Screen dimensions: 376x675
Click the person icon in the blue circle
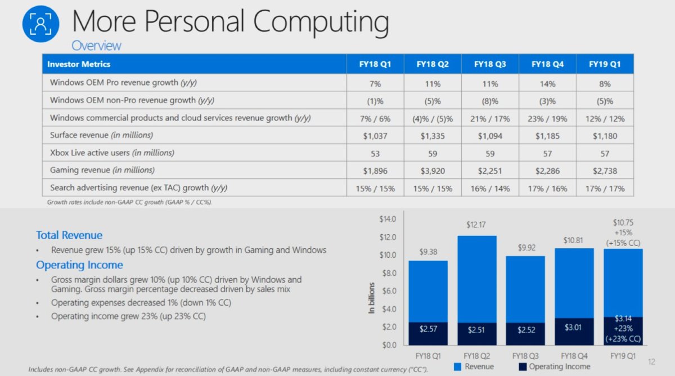point(40,23)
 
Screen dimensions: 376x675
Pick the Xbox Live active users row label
point(112,153)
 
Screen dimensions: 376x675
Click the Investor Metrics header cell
point(79,64)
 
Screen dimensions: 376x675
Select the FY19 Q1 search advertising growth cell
point(605,188)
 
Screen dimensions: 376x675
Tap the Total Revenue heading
point(69,235)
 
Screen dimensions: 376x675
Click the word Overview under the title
point(96,46)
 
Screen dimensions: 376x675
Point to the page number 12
point(652,362)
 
